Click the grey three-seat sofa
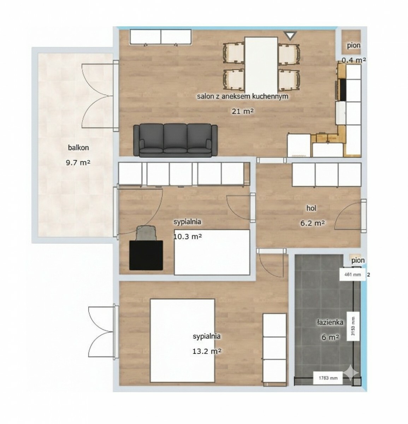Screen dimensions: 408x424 175,140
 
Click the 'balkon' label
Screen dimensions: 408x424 78,147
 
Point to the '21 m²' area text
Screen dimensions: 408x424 243,111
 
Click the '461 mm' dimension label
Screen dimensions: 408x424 353,275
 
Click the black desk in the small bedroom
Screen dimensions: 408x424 146,255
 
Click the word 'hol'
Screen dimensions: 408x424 311,208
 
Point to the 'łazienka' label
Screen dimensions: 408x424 330,322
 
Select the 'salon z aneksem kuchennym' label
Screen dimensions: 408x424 243,96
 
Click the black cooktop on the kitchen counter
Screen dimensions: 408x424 343,90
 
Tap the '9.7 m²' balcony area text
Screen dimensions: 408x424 78,162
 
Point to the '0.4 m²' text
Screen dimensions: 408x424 354,60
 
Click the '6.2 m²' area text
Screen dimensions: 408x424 313,223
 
